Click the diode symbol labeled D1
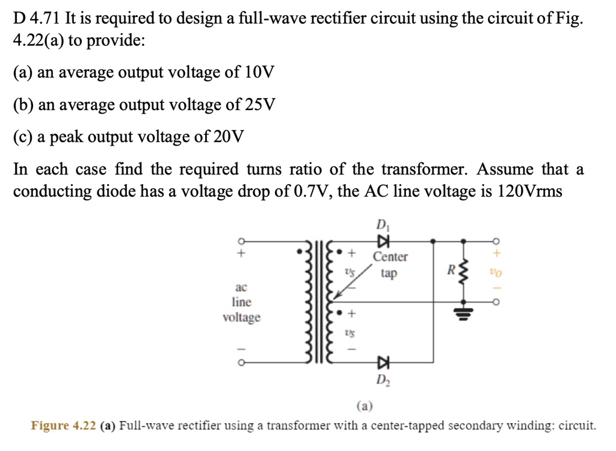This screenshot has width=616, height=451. click(x=382, y=241)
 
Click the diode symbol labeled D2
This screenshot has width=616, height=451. click(x=382, y=362)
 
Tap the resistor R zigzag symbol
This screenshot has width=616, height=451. click(x=463, y=272)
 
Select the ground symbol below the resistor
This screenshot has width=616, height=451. click(x=463, y=313)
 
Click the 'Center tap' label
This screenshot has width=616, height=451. click(x=390, y=265)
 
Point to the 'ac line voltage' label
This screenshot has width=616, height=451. click(x=241, y=302)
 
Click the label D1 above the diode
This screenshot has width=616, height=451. click(x=382, y=226)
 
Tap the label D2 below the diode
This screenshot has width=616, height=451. click(x=383, y=379)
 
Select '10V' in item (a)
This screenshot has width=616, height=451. click(x=259, y=73)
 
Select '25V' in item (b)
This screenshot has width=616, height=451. click(x=260, y=105)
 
